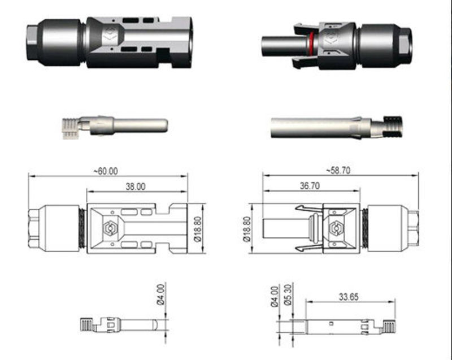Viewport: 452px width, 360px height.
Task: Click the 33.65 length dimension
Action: point(350,296)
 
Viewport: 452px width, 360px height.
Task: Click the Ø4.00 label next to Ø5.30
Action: point(275,295)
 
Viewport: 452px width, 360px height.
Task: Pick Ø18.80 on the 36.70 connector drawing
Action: point(246,229)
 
